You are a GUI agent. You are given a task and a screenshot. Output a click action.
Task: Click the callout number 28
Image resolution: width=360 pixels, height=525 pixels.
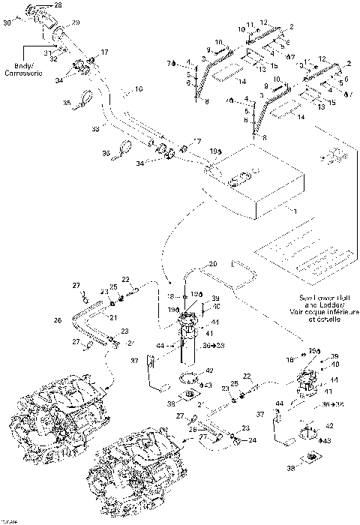tap(58, 5)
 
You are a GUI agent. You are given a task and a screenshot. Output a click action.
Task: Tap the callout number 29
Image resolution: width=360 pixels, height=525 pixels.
tap(75, 24)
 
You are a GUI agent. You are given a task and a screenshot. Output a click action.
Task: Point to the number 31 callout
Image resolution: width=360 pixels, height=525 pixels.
tap(46, 51)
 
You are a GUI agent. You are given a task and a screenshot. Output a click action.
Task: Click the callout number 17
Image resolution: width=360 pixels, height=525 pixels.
tap(105, 52)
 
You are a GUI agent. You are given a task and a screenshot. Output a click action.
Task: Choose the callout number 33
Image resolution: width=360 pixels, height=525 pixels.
tap(95, 129)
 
